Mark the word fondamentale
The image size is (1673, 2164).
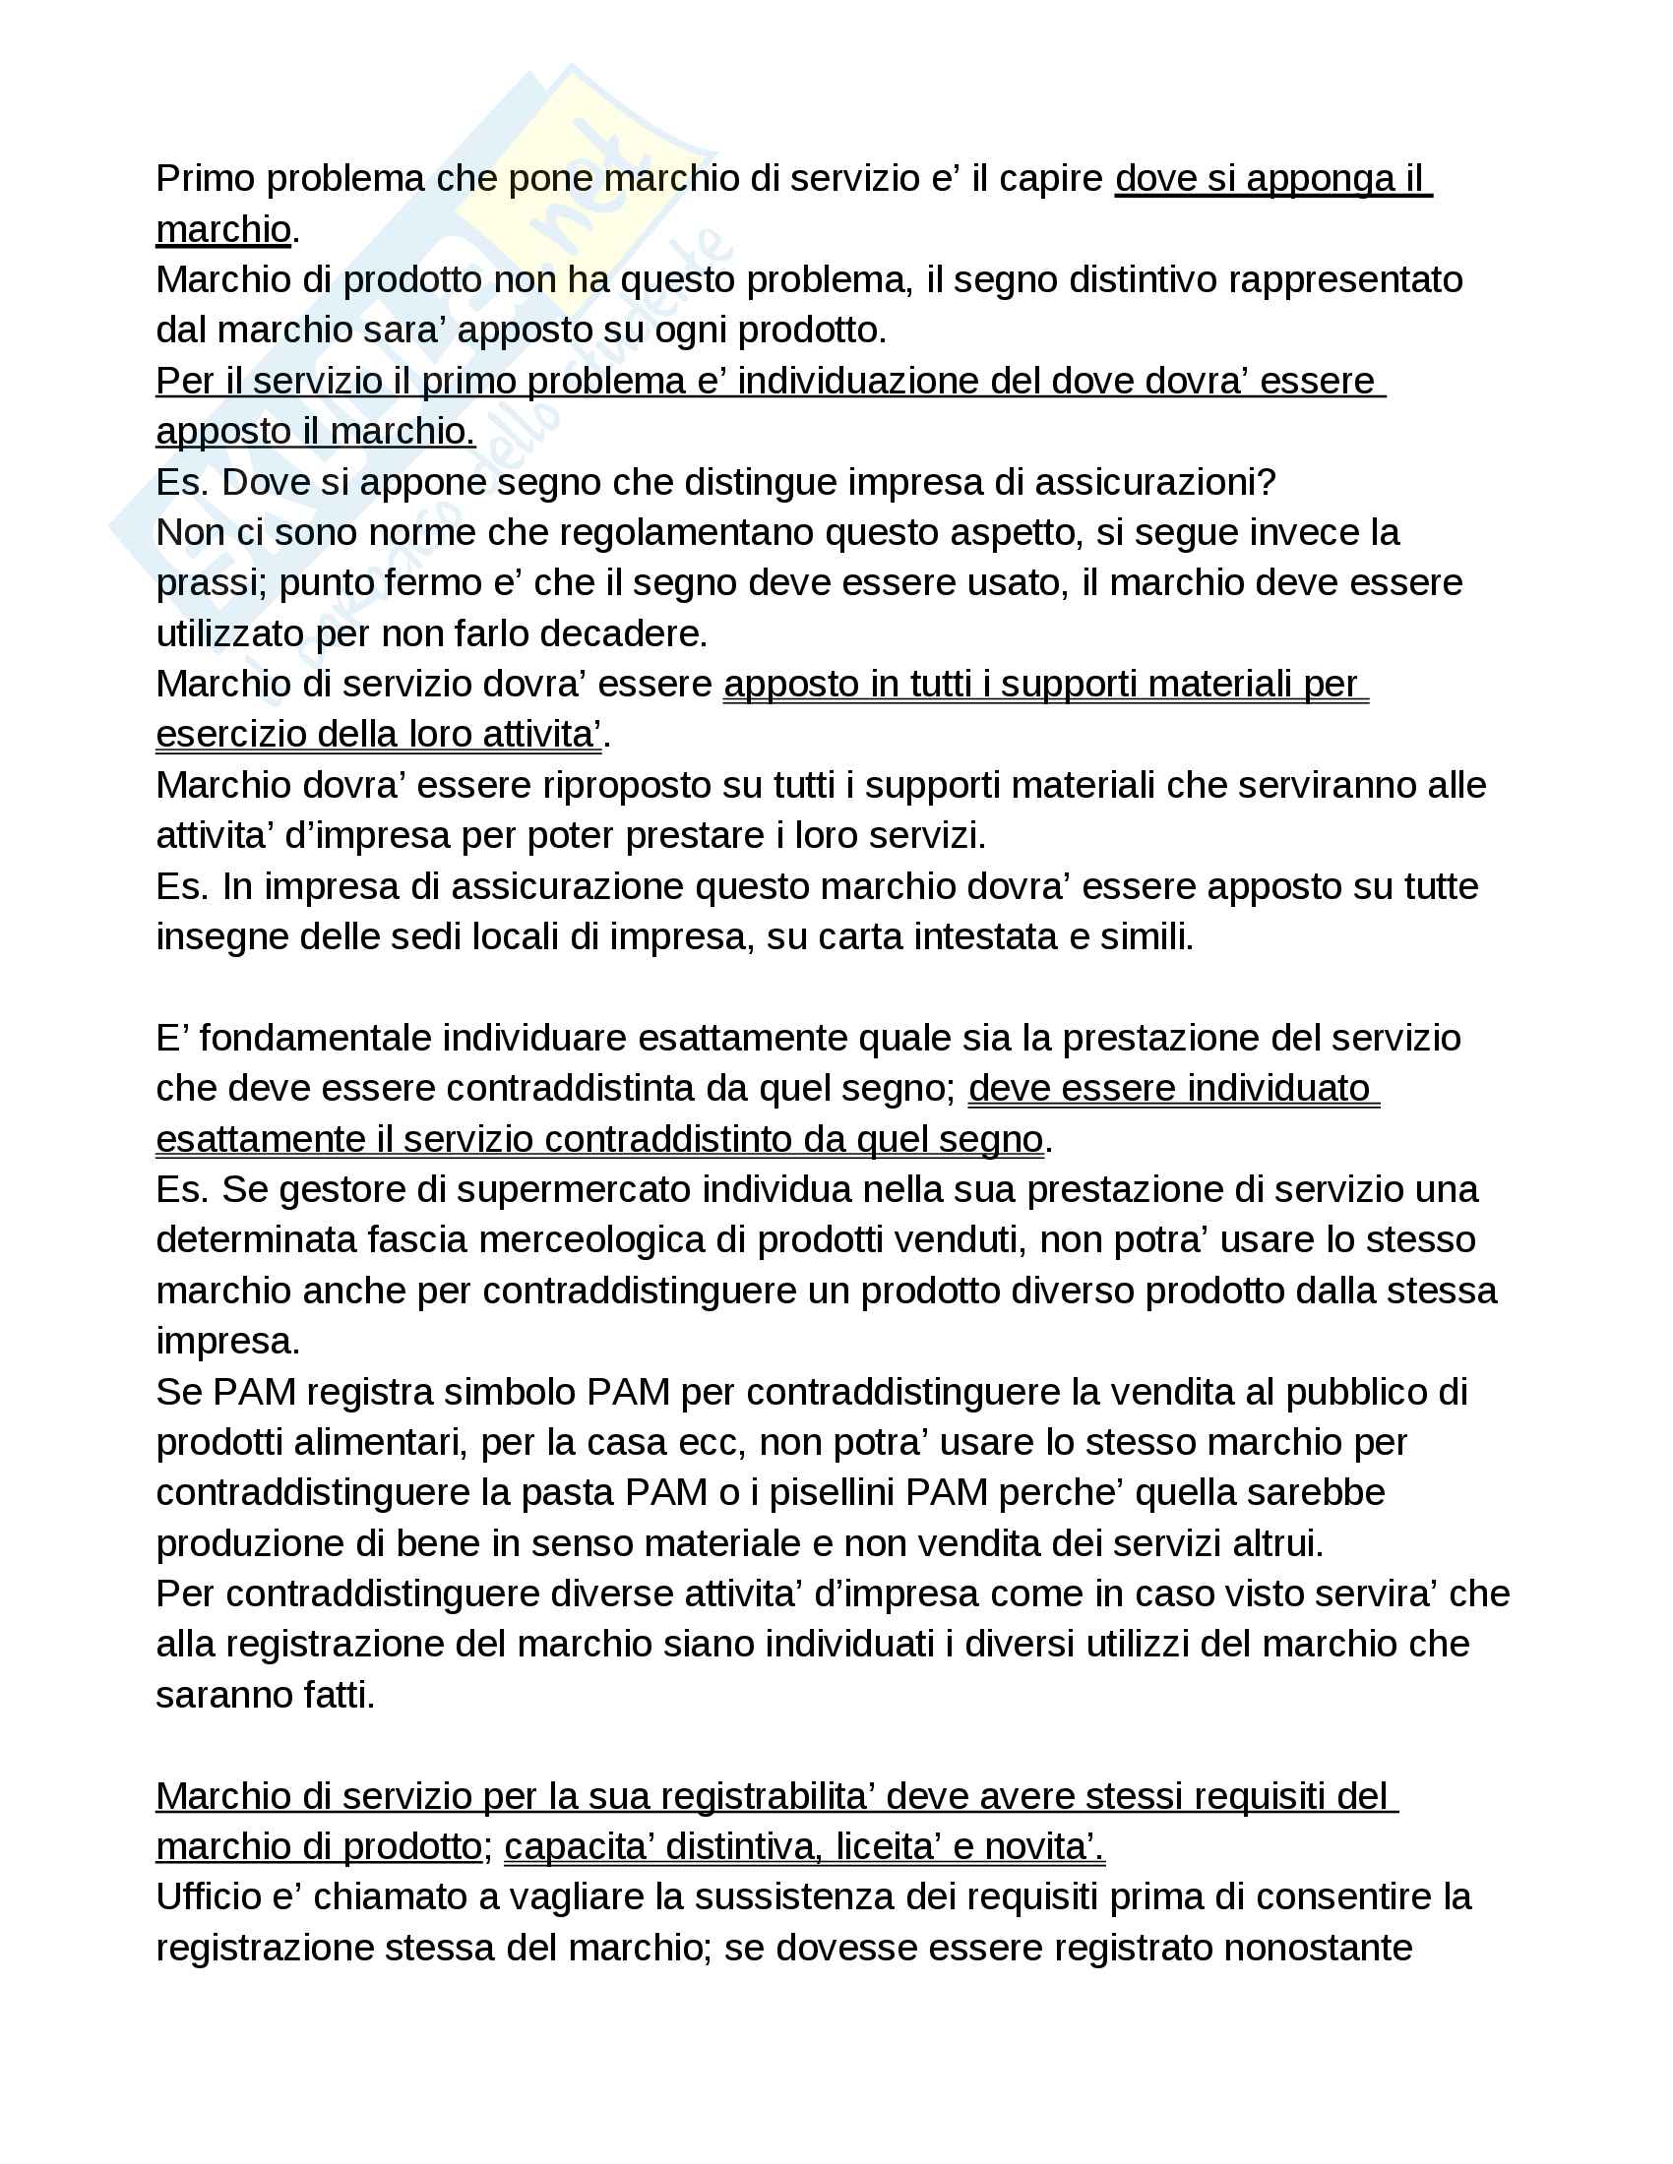[x=314, y=1039]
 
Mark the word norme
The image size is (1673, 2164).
[x=427, y=533]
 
